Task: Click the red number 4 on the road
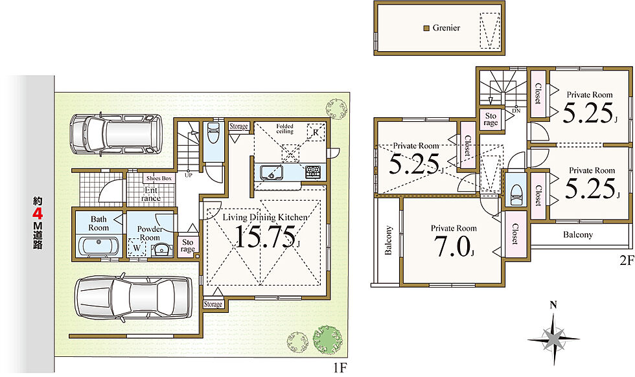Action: (x=38, y=213)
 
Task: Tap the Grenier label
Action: (x=446, y=28)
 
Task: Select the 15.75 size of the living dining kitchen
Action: (x=265, y=237)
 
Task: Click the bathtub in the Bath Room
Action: (x=98, y=246)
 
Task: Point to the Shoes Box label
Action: (x=159, y=178)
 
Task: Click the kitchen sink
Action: (x=271, y=173)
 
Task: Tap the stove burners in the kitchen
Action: (x=312, y=172)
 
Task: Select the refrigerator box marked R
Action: (x=316, y=132)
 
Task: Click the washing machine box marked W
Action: (x=137, y=247)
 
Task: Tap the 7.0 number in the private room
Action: (x=452, y=246)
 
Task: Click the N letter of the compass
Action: (x=553, y=305)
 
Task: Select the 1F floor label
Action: (x=340, y=368)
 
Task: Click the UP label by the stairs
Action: (x=189, y=176)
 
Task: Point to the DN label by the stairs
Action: (x=516, y=110)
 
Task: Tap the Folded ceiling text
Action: (x=284, y=129)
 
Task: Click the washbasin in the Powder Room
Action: (x=161, y=249)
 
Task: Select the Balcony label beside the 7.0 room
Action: (x=389, y=240)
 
